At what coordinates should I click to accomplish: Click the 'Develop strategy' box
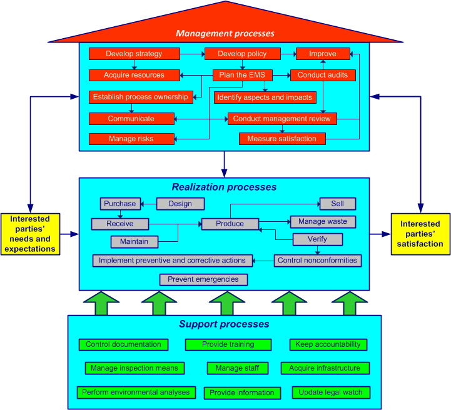(134, 54)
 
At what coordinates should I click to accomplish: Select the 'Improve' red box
(323, 54)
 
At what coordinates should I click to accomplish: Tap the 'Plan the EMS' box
(243, 75)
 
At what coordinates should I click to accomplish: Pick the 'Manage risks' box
(131, 139)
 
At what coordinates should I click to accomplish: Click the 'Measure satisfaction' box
(282, 139)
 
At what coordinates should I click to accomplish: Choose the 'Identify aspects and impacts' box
(265, 97)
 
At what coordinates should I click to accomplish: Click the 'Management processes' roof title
(225, 33)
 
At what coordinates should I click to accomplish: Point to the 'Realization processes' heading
(224, 187)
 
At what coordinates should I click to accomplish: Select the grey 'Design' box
(180, 204)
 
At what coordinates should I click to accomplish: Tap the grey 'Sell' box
(338, 204)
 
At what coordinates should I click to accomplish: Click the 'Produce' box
(230, 224)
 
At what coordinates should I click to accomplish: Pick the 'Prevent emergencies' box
(203, 279)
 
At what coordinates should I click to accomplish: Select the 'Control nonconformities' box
(318, 261)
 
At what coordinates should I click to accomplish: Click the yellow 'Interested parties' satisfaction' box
(420, 234)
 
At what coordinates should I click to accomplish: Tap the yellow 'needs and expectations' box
(30, 234)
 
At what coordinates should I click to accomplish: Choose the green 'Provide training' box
(228, 344)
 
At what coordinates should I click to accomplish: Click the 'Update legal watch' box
(331, 392)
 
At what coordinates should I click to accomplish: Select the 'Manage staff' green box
(237, 368)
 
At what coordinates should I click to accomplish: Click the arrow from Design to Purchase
(149, 204)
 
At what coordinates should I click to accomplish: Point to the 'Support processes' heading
(224, 324)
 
